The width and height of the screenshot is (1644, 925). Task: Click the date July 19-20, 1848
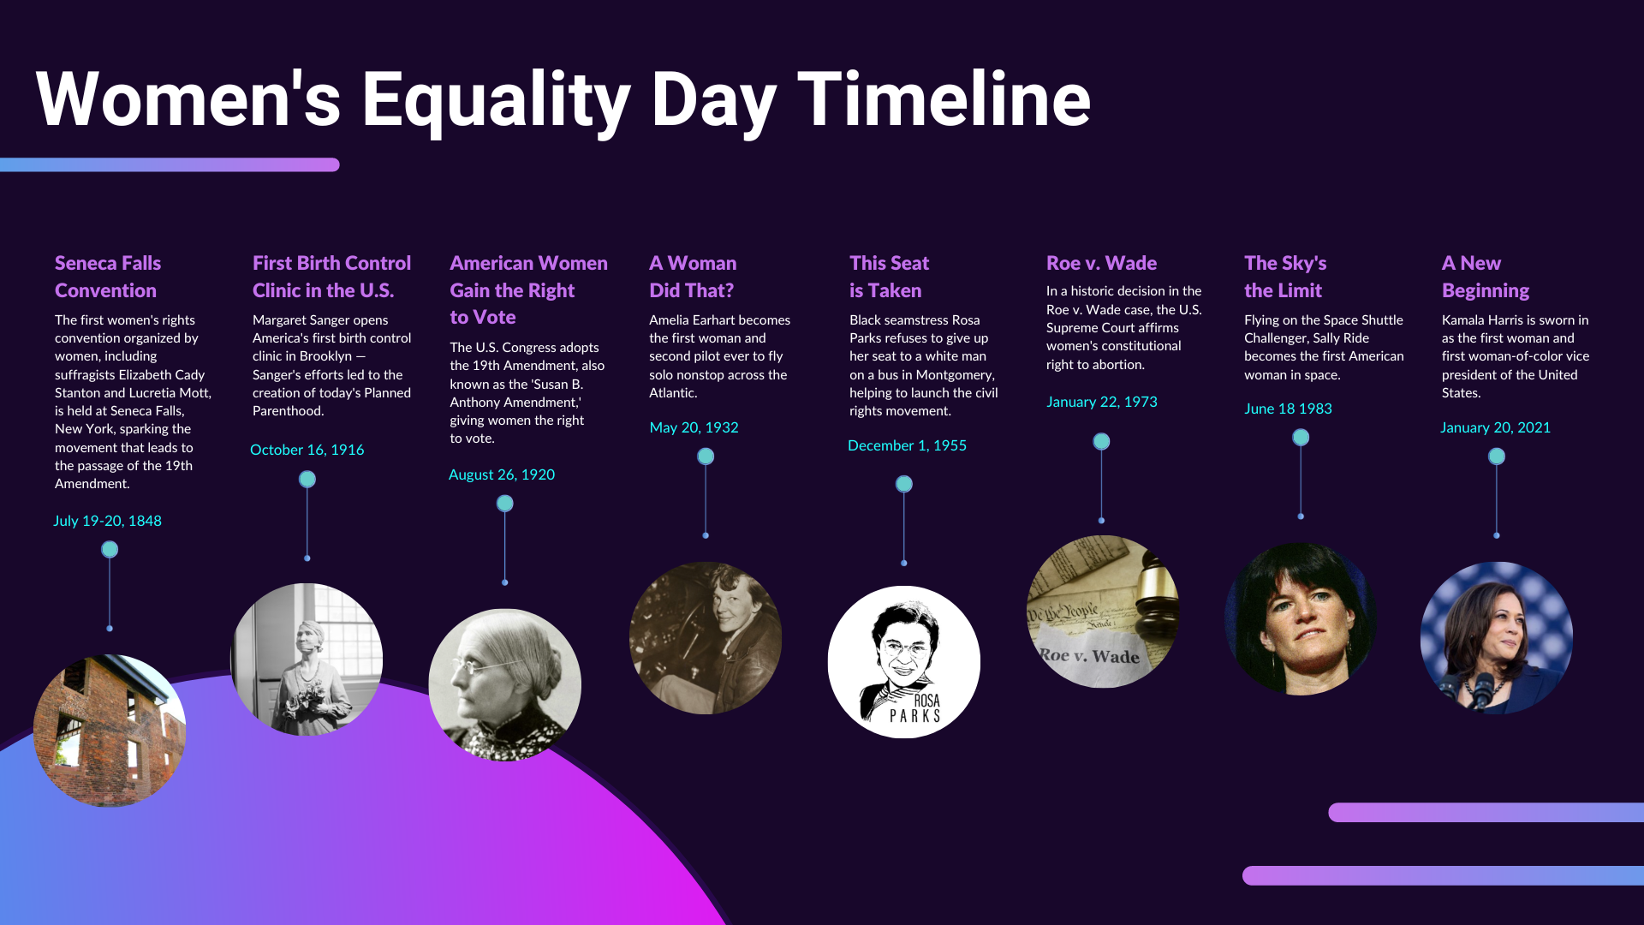coord(107,521)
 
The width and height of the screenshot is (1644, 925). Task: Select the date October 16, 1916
coord(307,450)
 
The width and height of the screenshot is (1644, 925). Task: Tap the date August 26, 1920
coord(502,474)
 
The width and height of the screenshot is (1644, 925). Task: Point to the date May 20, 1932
coord(694,427)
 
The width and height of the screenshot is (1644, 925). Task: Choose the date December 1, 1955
coord(907,445)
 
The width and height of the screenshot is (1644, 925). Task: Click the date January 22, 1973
coord(1101,402)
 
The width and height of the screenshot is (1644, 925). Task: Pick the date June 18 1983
coord(1288,409)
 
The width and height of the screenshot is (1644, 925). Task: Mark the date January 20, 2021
coord(1495,427)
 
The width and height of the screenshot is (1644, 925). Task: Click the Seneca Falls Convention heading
coord(108,277)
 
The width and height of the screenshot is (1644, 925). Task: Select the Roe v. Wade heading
coord(1101,263)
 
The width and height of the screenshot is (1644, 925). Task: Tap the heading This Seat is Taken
coord(889,277)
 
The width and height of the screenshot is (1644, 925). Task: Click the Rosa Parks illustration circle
coord(903,661)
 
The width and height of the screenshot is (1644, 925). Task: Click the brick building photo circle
coord(110,731)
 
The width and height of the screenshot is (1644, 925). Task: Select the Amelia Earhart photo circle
coord(706,638)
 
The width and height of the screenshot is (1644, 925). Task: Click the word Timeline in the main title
coord(944,100)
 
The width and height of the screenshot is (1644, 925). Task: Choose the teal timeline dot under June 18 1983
coord(1301,438)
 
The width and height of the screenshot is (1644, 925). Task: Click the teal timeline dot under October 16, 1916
coord(307,480)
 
